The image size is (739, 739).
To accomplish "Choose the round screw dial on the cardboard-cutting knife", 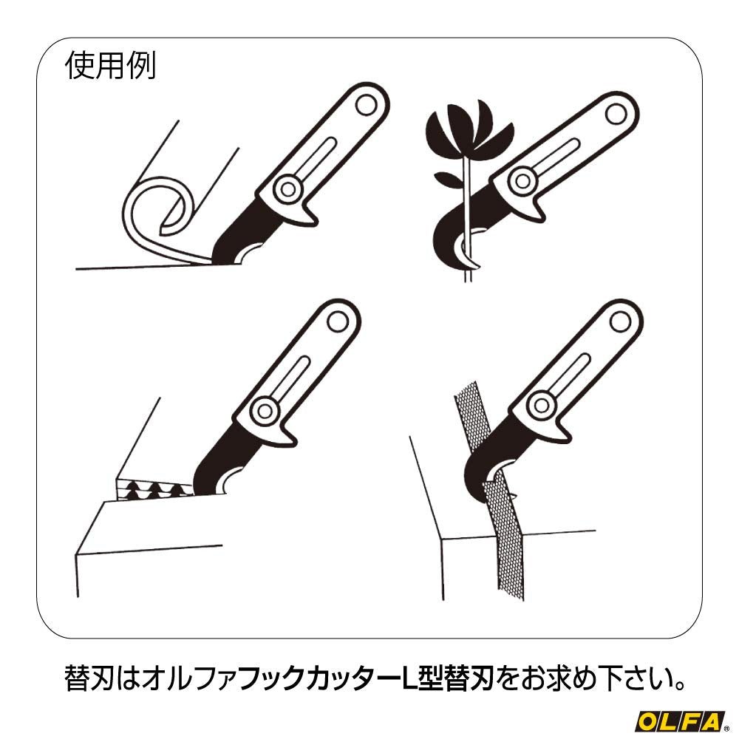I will pyautogui.click(x=262, y=408).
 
